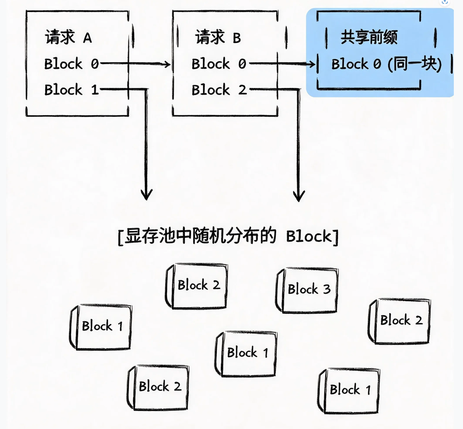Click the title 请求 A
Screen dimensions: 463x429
click(x=68, y=37)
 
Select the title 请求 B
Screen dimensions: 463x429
click(x=218, y=37)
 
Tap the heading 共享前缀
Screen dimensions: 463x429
click(x=369, y=37)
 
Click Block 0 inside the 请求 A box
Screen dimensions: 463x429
click(x=72, y=64)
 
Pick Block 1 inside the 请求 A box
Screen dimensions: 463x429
click(x=72, y=89)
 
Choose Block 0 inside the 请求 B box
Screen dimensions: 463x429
click(x=219, y=64)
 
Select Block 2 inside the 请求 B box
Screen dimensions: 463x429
click(x=219, y=89)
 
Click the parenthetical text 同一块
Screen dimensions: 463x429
click(x=415, y=64)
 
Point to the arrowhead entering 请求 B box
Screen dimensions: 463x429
click(x=167, y=64)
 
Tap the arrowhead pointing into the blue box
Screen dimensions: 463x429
click(x=312, y=64)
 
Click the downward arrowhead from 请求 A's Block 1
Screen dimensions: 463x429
click(x=147, y=194)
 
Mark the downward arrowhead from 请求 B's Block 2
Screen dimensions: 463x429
click(x=299, y=196)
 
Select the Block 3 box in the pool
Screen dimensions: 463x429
click(x=307, y=290)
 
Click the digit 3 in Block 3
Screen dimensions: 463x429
click(x=327, y=289)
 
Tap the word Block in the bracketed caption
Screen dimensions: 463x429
click(x=309, y=236)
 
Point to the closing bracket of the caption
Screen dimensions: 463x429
click(x=336, y=237)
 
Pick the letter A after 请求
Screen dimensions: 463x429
click(x=88, y=38)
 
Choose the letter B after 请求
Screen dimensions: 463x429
click(x=237, y=38)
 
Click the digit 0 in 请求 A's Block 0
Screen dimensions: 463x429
click(x=95, y=64)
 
